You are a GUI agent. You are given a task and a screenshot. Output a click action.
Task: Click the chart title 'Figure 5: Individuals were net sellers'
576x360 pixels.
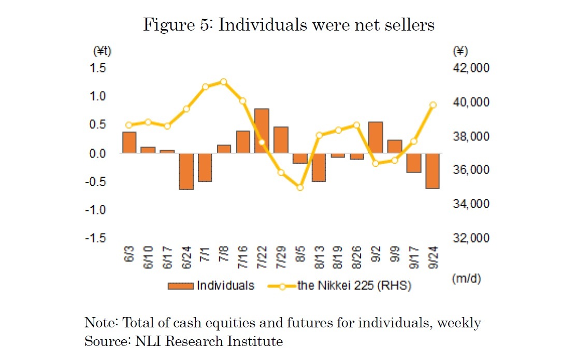click(289, 25)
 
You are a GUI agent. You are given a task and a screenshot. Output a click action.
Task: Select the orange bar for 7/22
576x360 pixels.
click(262, 131)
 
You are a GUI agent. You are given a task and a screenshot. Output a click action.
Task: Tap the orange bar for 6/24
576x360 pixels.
click(186, 171)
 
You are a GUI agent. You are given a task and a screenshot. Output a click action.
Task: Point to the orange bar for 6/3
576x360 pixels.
click(129, 142)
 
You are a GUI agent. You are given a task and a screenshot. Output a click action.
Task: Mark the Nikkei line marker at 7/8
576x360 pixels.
click(224, 82)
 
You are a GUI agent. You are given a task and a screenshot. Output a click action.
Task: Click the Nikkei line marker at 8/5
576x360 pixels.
click(299, 188)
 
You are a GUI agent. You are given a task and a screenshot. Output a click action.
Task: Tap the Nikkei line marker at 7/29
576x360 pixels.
click(281, 172)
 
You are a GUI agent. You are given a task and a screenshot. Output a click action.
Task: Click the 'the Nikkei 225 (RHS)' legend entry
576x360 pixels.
click(340, 285)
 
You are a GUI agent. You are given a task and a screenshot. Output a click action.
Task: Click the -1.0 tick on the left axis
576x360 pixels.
click(96, 210)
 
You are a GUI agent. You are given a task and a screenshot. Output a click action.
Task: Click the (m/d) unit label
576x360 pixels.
click(466, 279)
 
